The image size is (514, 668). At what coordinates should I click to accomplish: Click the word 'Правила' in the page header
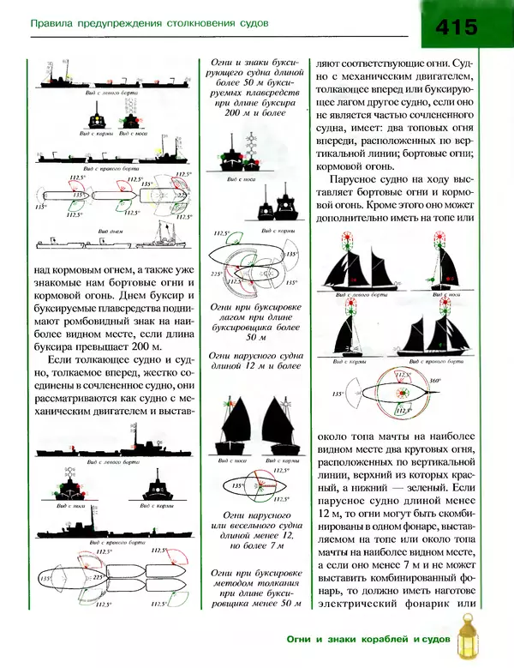click(x=54, y=23)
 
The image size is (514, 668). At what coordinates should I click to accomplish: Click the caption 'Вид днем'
click(x=111, y=232)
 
